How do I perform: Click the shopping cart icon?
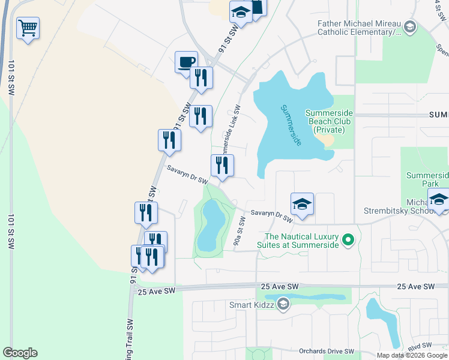(28, 28)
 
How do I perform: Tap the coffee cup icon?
(186, 61)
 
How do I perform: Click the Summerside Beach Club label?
(329, 121)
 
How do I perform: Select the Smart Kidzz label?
(252, 305)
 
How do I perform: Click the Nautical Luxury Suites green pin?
(346, 241)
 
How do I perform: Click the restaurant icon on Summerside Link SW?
(222, 165)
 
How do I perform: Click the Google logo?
(20, 353)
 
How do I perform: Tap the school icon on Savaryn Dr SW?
(302, 204)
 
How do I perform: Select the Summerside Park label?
(427, 179)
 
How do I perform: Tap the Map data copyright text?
(411, 355)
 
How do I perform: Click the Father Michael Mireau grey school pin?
(409, 26)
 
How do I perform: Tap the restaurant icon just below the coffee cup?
(200, 78)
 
